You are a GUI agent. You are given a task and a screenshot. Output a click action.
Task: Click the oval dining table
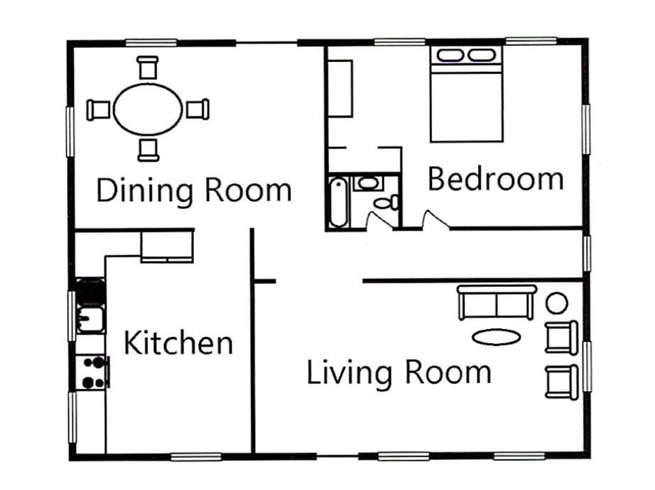tap(148, 109)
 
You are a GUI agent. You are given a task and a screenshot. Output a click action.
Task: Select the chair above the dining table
tap(148, 68)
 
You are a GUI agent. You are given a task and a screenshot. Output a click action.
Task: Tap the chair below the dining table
tap(148, 150)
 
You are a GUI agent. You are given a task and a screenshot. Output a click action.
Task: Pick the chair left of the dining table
tap(98, 110)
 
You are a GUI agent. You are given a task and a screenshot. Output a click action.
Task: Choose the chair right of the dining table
tap(198, 109)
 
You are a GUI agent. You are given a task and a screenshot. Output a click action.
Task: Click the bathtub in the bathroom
tap(339, 203)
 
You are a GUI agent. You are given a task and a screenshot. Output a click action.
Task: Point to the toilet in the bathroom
tap(387, 203)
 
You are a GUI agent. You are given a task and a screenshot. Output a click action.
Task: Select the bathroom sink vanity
tap(368, 183)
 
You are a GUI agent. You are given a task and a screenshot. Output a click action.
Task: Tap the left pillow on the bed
tap(449, 55)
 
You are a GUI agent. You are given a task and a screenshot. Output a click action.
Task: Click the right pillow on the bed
tap(481, 55)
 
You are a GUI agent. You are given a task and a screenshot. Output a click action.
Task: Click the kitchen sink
tap(89, 319)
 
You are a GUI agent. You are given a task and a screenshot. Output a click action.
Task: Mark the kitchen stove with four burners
tap(93, 372)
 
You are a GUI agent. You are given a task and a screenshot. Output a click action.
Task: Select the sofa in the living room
tap(497, 302)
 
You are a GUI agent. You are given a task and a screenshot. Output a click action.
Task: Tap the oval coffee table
tap(497, 337)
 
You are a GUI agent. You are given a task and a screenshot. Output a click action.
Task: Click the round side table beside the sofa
tap(557, 303)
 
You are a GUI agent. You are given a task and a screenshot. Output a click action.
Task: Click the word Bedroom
tap(496, 179)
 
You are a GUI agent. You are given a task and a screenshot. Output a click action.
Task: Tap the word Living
tap(350, 372)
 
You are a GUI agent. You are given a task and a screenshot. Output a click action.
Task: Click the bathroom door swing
tap(378, 221)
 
